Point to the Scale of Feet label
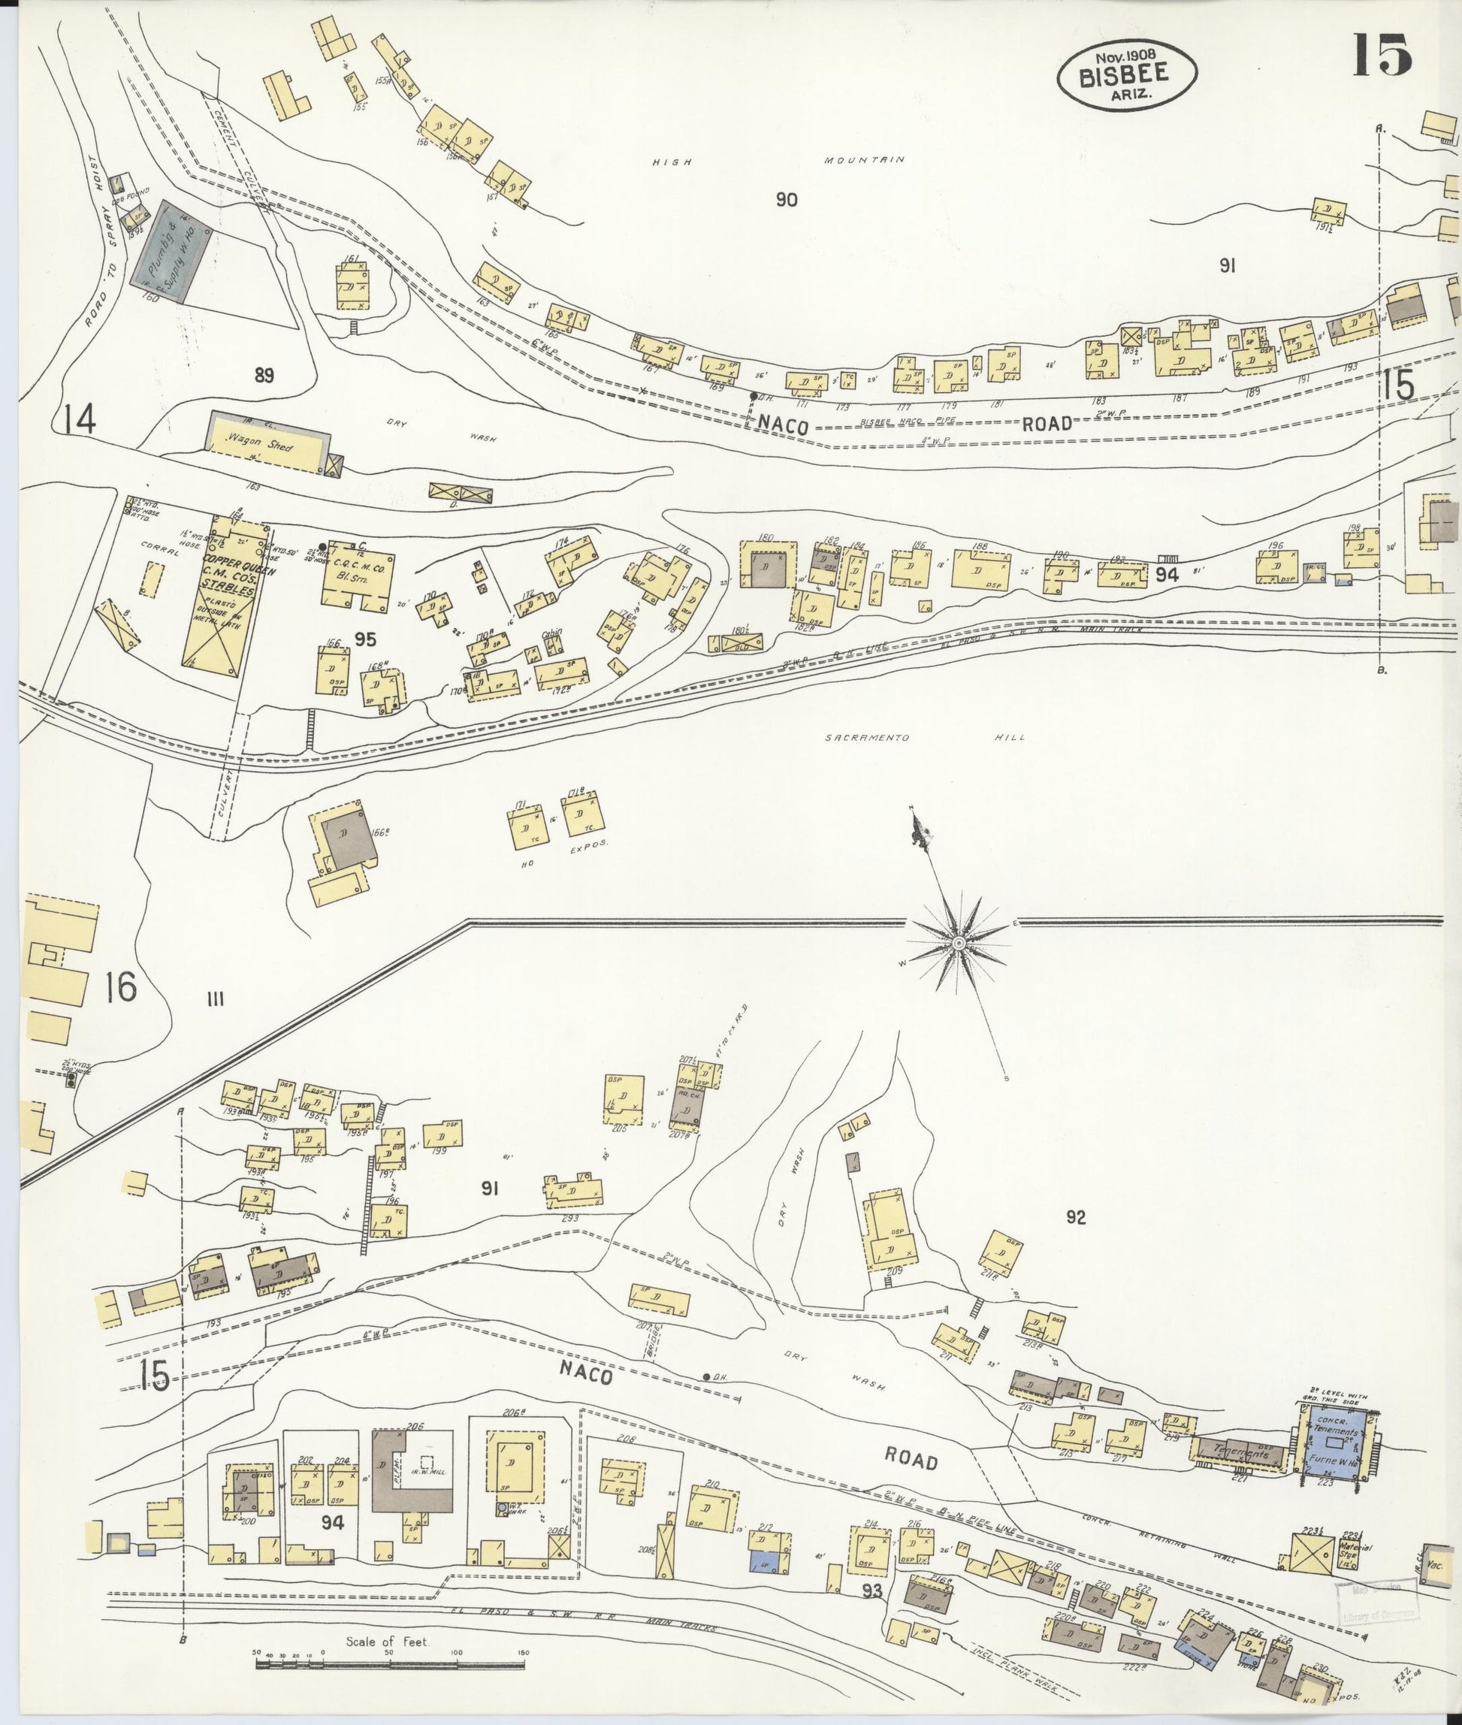[x=387, y=1642]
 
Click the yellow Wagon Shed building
[x=265, y=443]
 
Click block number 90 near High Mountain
[x=787, y=200]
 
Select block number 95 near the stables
[x=364, y=639]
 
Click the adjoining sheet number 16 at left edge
[x=121, y=988]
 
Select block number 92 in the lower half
[x=1075, y=1218]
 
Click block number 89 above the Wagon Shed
[x=264, y=376]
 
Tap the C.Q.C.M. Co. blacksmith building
[x=358, y=575]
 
